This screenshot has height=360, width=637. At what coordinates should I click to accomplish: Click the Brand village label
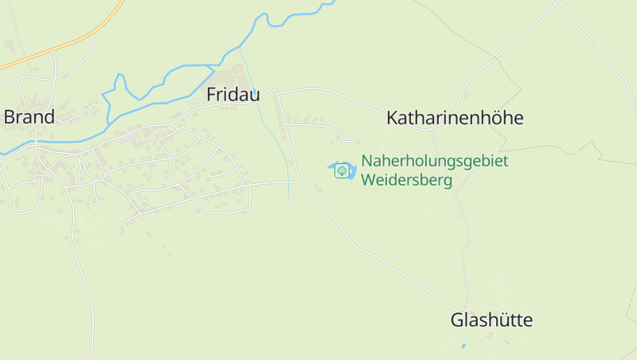[29, 117]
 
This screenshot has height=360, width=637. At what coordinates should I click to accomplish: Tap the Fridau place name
[233, 95]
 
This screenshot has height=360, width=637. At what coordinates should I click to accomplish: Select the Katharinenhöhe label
[455, 119]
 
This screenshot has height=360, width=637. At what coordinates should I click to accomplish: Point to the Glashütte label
[491, 321]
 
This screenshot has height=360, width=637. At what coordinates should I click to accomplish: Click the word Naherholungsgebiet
[435, 161]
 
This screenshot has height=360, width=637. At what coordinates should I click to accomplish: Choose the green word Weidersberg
[406, 180]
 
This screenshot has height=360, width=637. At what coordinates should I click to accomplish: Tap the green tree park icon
[342, 170]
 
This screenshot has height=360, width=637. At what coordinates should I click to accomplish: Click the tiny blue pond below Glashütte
[463, 346]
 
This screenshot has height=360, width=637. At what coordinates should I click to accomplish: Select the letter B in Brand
[9, 117]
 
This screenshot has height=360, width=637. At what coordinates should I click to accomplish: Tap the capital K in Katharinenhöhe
[392, 119]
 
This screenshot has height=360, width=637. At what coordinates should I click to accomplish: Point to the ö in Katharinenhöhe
[494, 119]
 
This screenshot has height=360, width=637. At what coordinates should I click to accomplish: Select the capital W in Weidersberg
[368, 180]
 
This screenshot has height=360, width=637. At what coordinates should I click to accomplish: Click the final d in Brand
[49, 117]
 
